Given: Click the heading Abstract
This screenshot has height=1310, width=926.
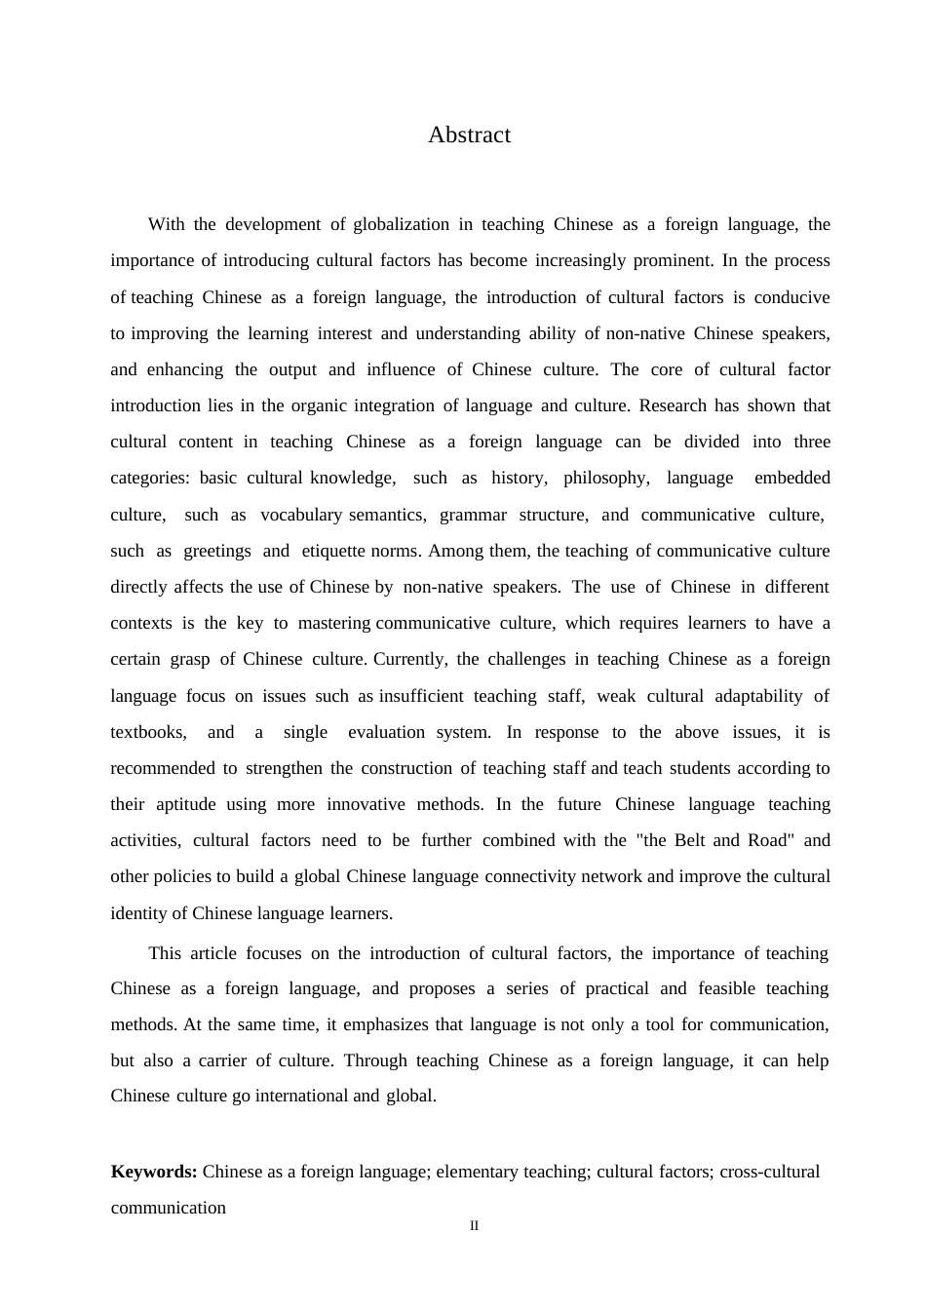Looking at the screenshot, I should pyautogui.click(x=469, y=135).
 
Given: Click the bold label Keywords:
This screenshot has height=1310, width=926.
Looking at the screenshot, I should pyautogui.click(x=154, y=1172).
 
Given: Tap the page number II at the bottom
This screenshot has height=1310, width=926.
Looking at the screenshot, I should pyautogui.click(x=475, y=1226).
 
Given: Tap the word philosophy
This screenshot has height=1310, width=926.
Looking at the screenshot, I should pyautogui.click(x=605, y=478).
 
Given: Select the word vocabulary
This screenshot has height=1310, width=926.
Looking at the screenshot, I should pyautogui.click(x=301, y=515).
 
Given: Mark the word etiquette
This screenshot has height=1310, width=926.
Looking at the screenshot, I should pyautogui.click(x=333, y=551).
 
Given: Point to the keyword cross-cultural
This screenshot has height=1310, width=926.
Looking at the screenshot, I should pyautogui.click(x=770, y=1172).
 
